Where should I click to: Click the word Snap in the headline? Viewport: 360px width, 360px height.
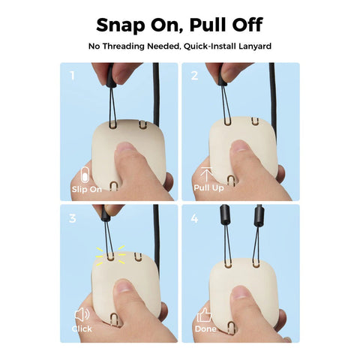121,25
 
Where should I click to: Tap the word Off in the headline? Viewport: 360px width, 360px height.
247,25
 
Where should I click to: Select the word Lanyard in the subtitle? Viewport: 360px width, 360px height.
255,46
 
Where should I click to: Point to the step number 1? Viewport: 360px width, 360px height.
73,75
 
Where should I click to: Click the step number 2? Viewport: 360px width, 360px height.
194,75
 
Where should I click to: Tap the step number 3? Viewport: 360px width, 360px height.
72,218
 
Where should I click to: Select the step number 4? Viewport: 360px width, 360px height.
194,218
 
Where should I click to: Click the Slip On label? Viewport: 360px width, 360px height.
87,189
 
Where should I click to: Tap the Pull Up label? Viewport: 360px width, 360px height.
208,187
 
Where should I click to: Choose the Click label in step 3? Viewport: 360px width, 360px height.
82,328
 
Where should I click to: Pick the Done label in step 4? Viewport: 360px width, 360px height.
205,328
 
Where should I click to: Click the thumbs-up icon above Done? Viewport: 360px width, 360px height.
204,315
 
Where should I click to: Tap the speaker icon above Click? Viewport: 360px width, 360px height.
82,315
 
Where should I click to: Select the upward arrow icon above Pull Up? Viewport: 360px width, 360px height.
206,175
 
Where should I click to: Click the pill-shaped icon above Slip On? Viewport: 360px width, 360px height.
85,175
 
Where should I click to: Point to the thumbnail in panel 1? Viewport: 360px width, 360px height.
125,148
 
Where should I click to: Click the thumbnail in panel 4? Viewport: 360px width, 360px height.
241,292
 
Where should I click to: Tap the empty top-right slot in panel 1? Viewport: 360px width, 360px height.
142,124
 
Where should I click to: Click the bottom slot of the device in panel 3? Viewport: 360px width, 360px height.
114,319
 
